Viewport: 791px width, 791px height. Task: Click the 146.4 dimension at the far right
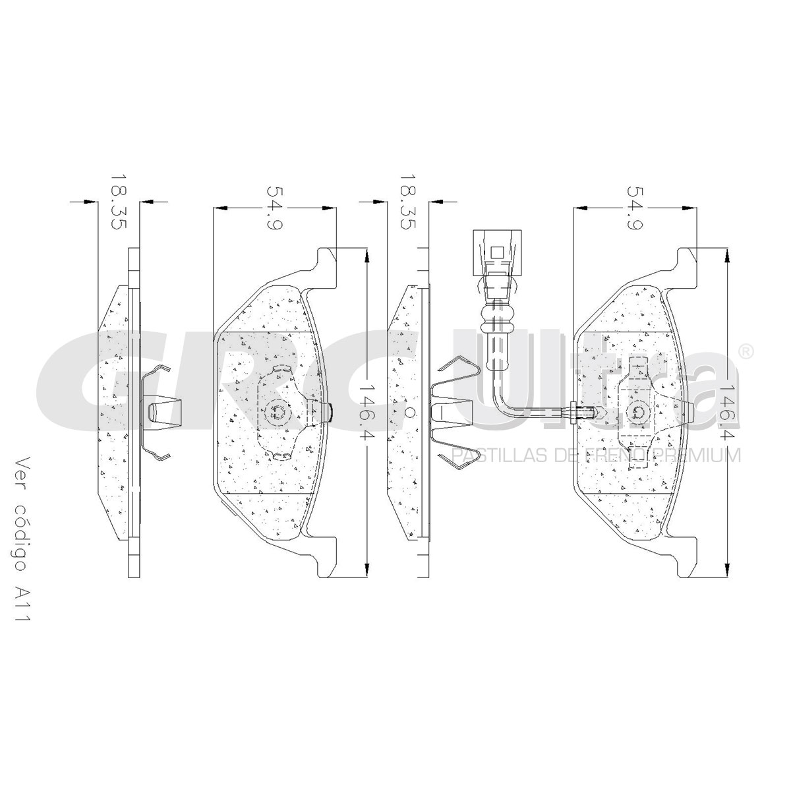pos(728,413)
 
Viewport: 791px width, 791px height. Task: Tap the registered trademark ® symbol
pos(746,352)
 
